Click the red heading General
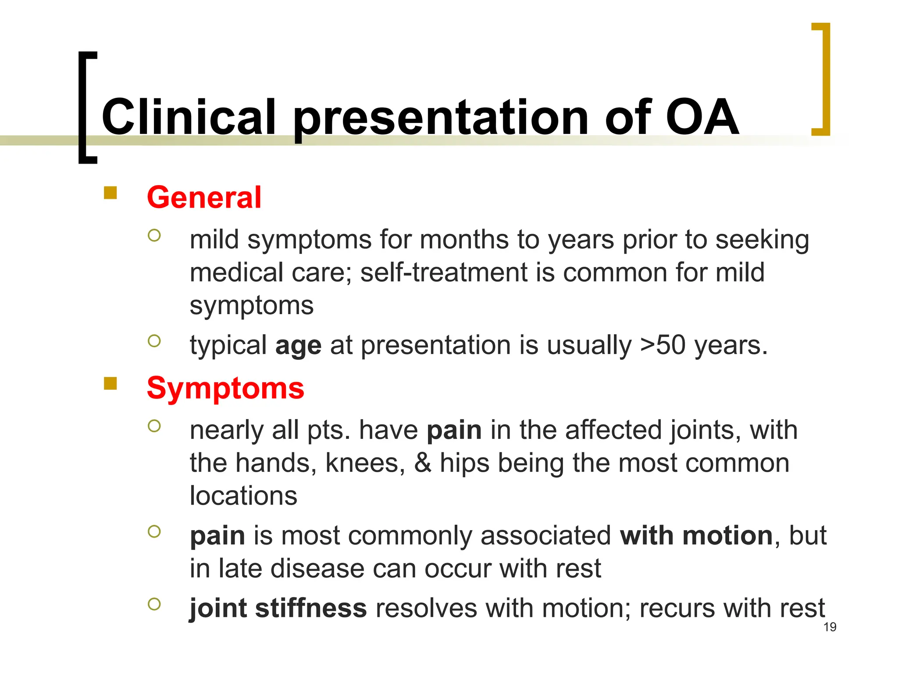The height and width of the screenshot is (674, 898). [x=204, y=197]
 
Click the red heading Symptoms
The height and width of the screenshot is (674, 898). [x=225, y=388]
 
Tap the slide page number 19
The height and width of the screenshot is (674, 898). [x=830, y=627]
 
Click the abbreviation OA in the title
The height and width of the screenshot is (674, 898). [x=702, y=117]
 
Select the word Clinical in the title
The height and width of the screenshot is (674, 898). [x=189, y=117]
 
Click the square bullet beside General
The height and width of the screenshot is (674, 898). [x=110, y=193]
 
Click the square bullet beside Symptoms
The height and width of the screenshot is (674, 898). [x=110, y=384]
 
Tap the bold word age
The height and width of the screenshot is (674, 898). [x=298, y=346]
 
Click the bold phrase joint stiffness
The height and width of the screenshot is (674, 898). [x=278, y=609]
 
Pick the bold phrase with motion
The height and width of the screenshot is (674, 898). [x=696, y=536]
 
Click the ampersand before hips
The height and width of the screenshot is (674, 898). [x=423, y=463]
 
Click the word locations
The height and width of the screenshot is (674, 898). [x=243, y=496]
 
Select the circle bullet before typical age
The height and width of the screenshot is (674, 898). [x=154, y=341]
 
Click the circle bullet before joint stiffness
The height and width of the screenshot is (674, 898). [x=154, y=604]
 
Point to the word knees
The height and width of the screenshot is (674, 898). [x=365, y=463]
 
